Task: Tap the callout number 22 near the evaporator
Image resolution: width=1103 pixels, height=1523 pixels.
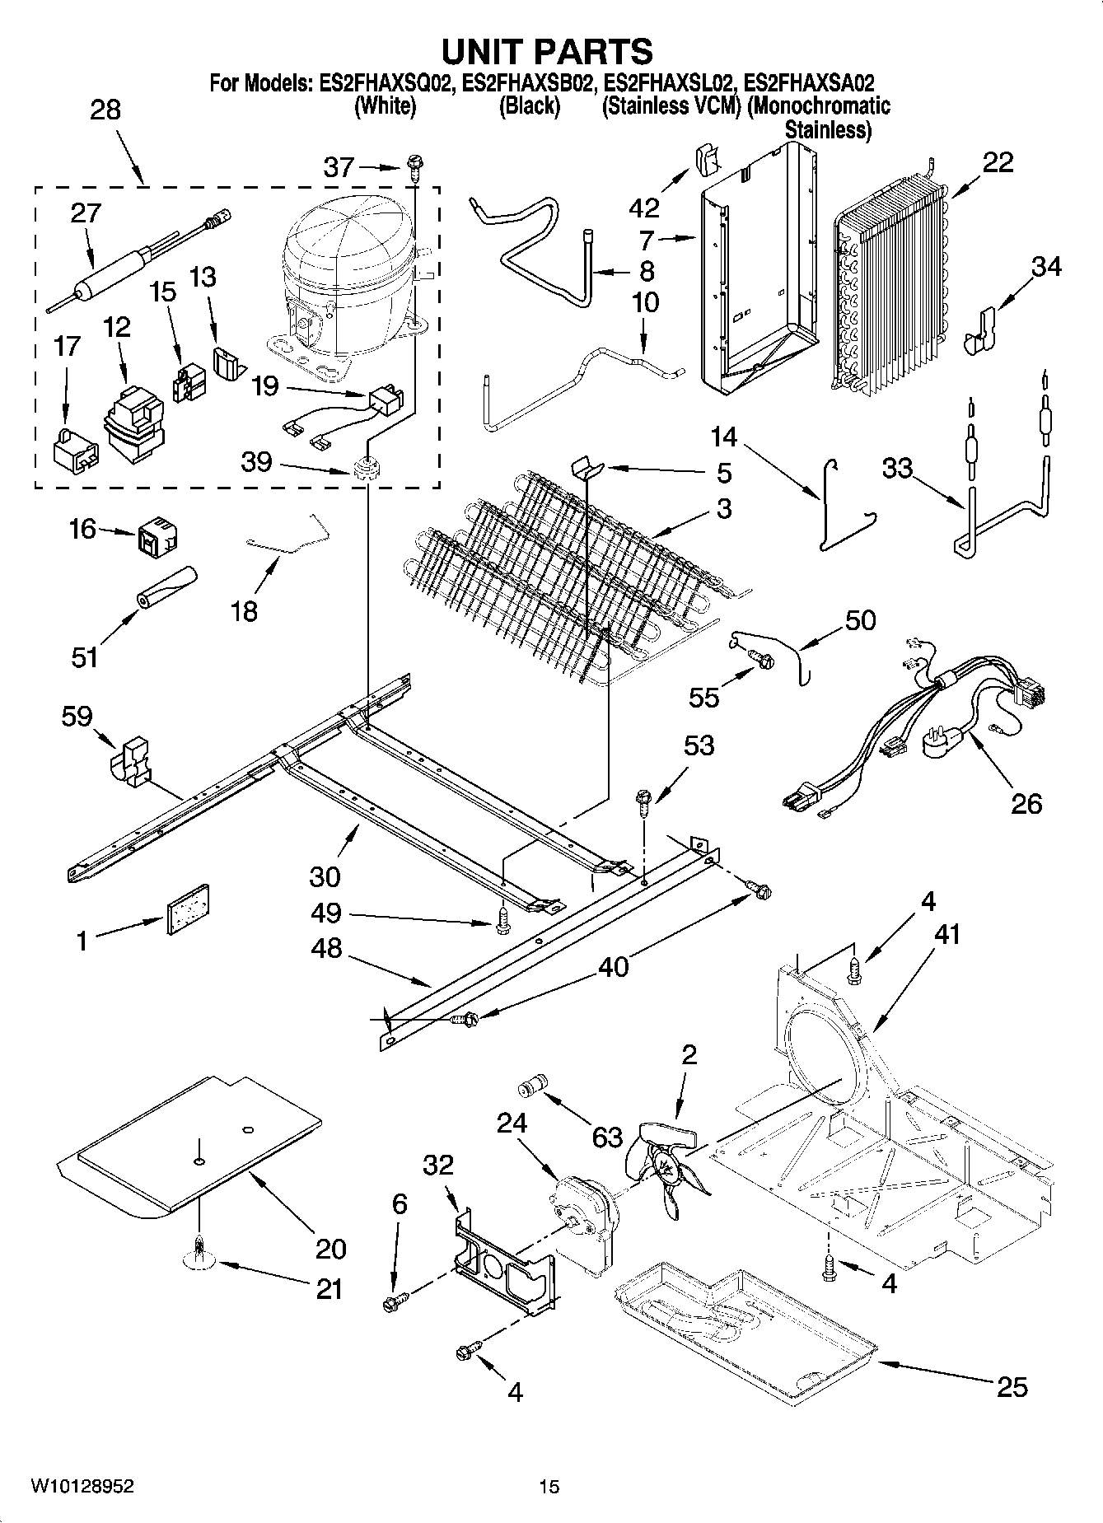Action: [998, 162]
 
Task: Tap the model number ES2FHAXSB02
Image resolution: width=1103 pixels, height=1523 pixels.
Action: [527, 83]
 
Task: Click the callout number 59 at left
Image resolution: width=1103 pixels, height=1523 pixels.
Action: [77, 716]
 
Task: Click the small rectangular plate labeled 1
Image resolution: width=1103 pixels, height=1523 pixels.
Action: [189, 909]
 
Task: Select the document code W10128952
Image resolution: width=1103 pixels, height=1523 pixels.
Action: [82, 1486]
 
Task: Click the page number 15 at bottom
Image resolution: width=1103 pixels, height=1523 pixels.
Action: [549, 1486]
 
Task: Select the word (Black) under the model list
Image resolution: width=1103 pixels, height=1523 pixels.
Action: [529, 106]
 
